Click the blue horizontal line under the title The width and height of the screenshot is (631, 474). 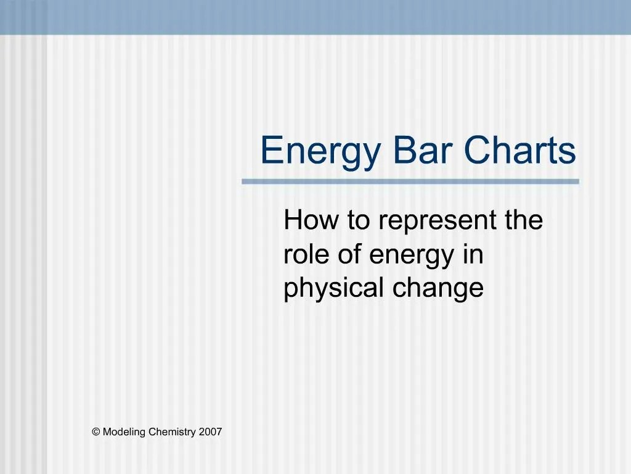tap(410, 181)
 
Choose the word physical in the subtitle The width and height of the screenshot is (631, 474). tap(331, 289)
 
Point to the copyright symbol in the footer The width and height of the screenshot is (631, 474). tap(96, 432)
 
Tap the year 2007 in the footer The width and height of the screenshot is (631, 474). tap(210, 432)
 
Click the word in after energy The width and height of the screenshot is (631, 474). tap(473, 254)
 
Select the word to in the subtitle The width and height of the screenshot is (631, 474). tap(357, 221)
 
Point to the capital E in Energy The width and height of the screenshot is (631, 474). tap(270, 150)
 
